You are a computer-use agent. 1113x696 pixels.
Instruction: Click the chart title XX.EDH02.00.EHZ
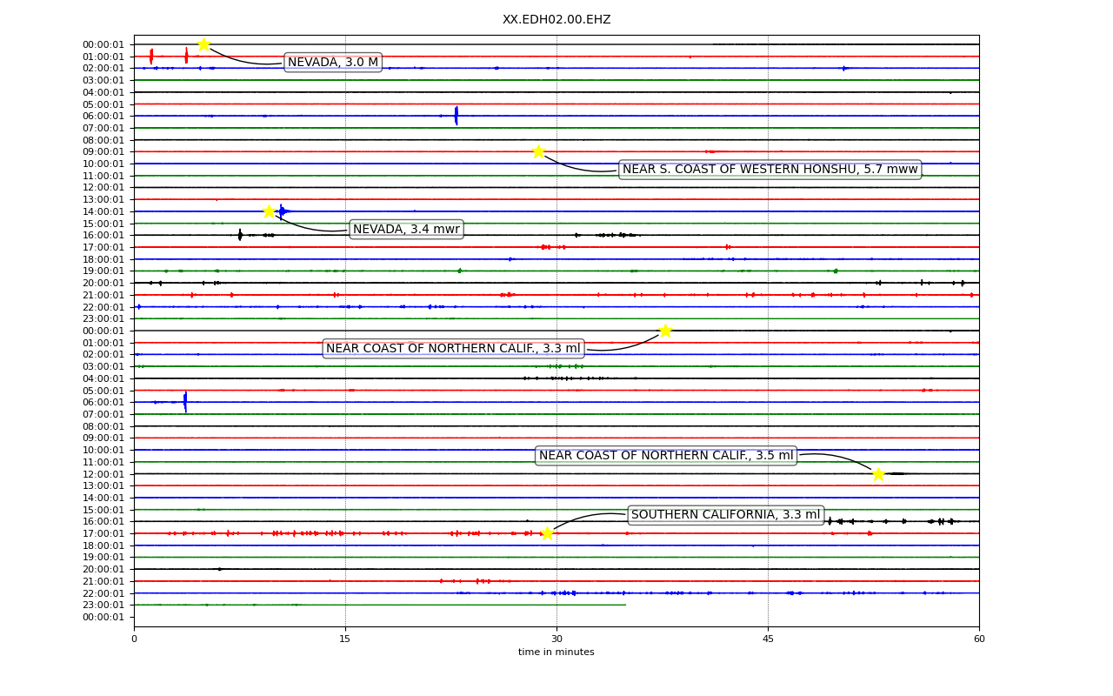tap(556, 19)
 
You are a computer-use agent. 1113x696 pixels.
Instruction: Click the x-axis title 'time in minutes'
tap(556, 652)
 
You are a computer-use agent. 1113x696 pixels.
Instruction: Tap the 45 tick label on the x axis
tap(768, 639)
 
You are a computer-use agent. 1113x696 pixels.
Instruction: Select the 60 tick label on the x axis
tap(979, 639)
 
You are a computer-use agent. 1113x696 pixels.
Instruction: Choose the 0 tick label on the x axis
tap(134, 639)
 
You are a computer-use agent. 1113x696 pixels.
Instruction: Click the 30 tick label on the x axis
tap(557, 639)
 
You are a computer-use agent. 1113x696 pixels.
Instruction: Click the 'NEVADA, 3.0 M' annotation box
tap(333, 62)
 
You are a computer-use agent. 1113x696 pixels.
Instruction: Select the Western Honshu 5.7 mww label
tap(770, 169)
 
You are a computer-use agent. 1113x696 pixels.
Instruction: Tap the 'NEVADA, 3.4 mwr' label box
tap(406, 229)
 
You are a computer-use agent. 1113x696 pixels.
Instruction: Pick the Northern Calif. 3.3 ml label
tap(453, 348)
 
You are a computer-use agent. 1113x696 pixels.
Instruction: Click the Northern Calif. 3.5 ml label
tap(666, 455)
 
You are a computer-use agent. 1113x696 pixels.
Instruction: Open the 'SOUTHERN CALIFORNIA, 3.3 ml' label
tap(725, 514)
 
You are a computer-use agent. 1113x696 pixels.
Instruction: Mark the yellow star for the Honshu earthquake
tap(538, 151)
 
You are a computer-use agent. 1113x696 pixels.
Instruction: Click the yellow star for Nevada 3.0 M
tap(203, 44)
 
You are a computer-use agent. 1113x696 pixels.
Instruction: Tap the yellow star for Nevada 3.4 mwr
tap(269, 211)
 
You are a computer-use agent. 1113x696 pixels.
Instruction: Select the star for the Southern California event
tap(547, 533)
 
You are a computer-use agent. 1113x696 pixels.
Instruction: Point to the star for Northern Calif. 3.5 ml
tap(878, 474)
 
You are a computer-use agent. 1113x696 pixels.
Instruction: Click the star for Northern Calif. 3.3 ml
tap(665, 331)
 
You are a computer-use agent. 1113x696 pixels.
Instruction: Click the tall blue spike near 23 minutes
tap(457, 116)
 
